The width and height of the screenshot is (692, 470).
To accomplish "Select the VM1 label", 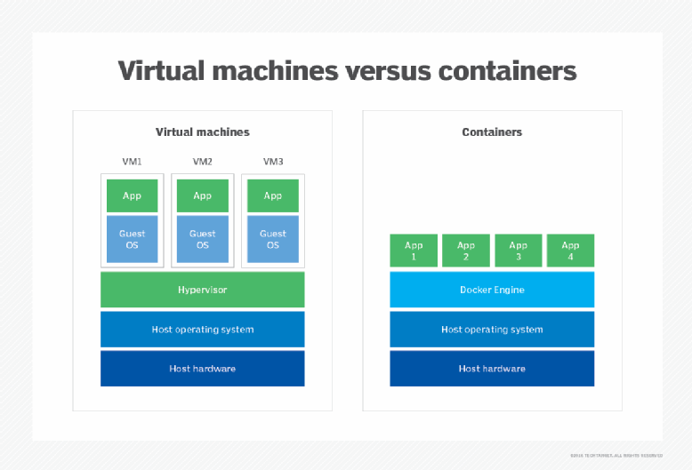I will pyautogui.click(x=132, y=162).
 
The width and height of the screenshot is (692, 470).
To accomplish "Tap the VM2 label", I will pyautogui.click(x=202, y=162).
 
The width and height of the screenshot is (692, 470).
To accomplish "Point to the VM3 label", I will pyautogui.click(x=273, y=162).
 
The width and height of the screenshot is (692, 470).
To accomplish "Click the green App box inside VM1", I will pyautogui.click(x=132, y=195).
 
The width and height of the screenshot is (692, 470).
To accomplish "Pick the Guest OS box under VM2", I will pyautogui.click(x=202, y=239).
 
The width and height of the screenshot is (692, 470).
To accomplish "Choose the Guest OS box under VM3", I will pyautogui.click(x=273, y=239).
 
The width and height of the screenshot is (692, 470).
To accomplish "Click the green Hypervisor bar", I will pyautogui.click(x=202, y=290).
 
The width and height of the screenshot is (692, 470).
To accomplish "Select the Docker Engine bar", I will pyautogui.click(x=492, y=290).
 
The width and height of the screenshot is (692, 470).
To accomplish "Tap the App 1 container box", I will pyautogui.click(x=414, y=251).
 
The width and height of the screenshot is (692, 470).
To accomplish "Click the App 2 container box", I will pyautogui.click(x=466, y=251).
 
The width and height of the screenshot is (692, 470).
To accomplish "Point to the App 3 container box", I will pyautogui.click(x=518, y=251).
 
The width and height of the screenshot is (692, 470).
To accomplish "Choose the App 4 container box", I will pyautogui.click(x=570, y=251).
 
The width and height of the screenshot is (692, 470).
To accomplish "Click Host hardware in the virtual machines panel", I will pyautogui.click(x=202, y=369).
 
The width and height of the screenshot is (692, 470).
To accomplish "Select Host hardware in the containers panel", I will pyautogui.click(x=492, y=369).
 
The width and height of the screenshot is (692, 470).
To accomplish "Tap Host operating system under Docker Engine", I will pyautogui.click(x=492, y=330).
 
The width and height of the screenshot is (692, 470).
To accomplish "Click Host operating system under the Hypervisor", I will pyautogui.click(x=202, y=330).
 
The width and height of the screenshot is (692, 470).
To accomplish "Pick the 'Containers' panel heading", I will pyautogui.click(x=492, y=132).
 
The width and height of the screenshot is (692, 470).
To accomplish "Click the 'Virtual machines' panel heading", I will pyautogui.click(x=202, y=132).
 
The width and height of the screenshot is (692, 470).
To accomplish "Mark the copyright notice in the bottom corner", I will pyautogui.click(x=616, y=456).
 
